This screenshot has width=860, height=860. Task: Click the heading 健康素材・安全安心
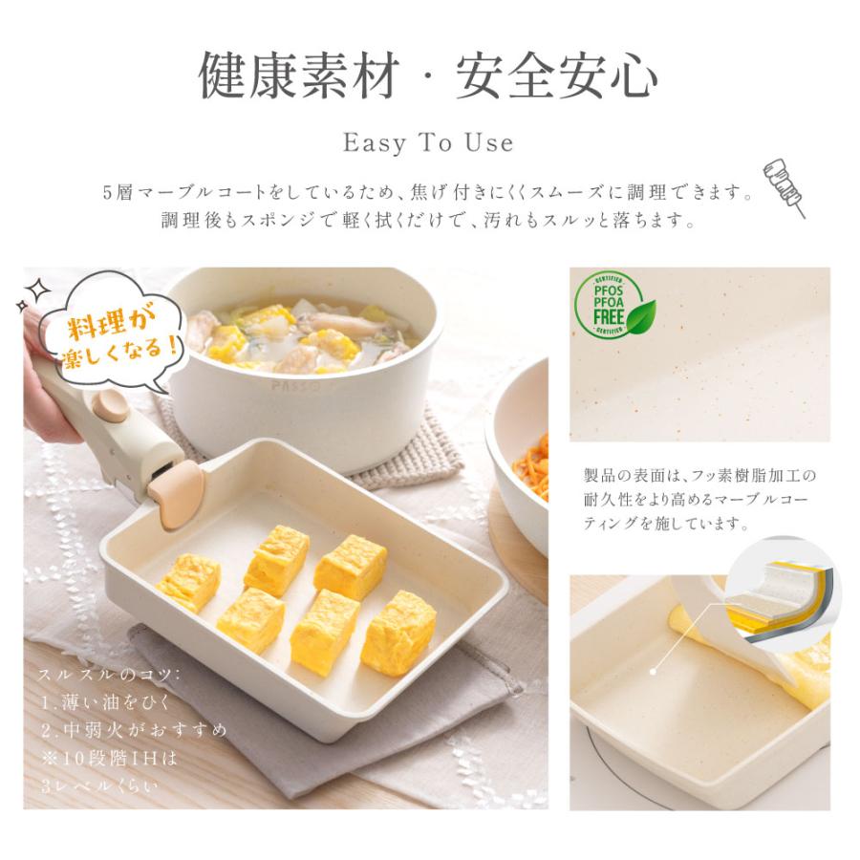point(428,77)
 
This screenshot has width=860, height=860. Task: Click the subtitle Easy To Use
point(428,143)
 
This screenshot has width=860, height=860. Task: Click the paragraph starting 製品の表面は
point(700,499)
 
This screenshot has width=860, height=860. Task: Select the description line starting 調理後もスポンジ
point(428,220)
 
